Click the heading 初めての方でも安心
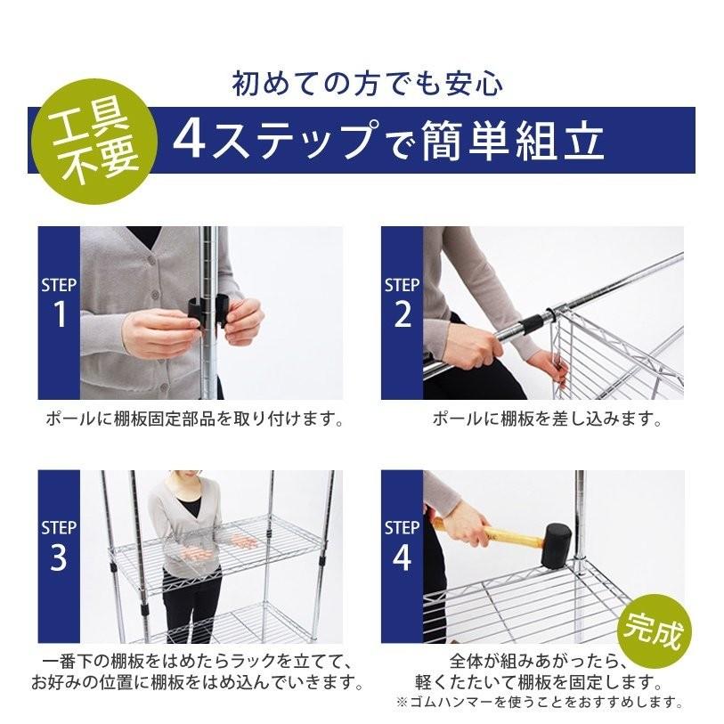pyautogui.click(x=367, y=85)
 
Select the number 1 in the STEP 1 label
pyautogui.click(x=60, y=314)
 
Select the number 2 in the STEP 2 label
pyautogui.click(x=403, y=314)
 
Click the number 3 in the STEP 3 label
pyautogui.click(x=59, y=557)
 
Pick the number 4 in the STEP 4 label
pyautogui.click(x=403, y=557)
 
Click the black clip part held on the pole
pyautogui.click(x=199, y=313)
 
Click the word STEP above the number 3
pyautogui.click(x=60, y=526)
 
